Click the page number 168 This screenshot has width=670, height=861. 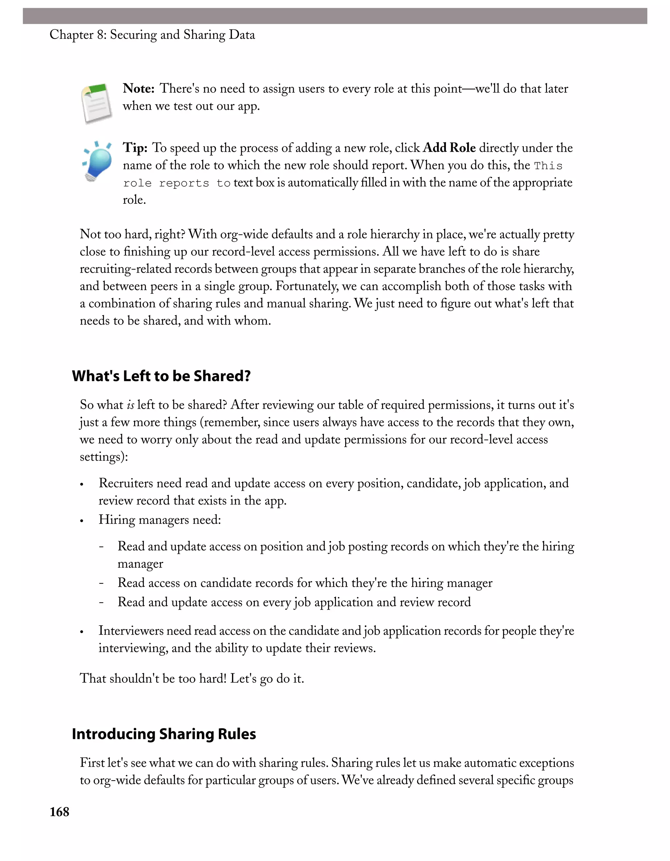[x=59, y=812]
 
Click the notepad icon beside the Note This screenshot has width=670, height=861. [x=97, y=103]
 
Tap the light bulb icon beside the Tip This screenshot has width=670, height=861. [x=97, y=162]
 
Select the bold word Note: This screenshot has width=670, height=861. [x=138, y=88]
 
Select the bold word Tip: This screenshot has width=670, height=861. [x=135, y=148]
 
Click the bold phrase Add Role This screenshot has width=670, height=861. [x=449, y=148]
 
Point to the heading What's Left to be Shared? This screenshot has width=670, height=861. [x=161, y=376]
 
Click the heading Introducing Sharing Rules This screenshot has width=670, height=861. [x=164, y=734]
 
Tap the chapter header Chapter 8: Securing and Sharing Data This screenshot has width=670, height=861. [x=152, y=35]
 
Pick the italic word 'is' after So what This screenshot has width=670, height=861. [x=130, y=405]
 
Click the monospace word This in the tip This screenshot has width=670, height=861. [x=548, y=165]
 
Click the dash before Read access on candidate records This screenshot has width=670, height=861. [x=101, y=583]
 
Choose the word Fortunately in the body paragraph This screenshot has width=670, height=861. [x=307, y=286]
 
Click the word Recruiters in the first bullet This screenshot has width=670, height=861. [x=125, y=483]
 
